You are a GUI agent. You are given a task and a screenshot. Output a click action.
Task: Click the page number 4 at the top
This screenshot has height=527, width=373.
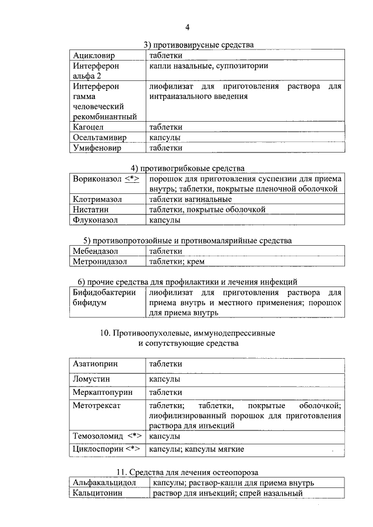click(x=188, y=27)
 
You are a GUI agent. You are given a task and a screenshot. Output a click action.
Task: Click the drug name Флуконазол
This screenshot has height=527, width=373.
click(x=95, y=221)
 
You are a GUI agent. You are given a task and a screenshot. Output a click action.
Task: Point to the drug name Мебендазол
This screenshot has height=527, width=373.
click(x=96, y=251)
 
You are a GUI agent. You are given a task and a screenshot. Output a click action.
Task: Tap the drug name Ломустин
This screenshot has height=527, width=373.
click(x=92, y=379)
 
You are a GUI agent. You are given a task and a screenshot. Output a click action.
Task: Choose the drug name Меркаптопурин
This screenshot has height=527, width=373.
click(x=103, y=392)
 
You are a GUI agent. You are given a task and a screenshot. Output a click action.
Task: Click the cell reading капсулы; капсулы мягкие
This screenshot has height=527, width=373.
click(x=196, y=450)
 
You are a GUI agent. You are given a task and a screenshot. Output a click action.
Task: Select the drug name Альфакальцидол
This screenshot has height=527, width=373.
click(x=104, y=483)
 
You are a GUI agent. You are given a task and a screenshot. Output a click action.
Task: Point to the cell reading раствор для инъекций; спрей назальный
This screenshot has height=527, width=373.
click(x=228, y=494)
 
